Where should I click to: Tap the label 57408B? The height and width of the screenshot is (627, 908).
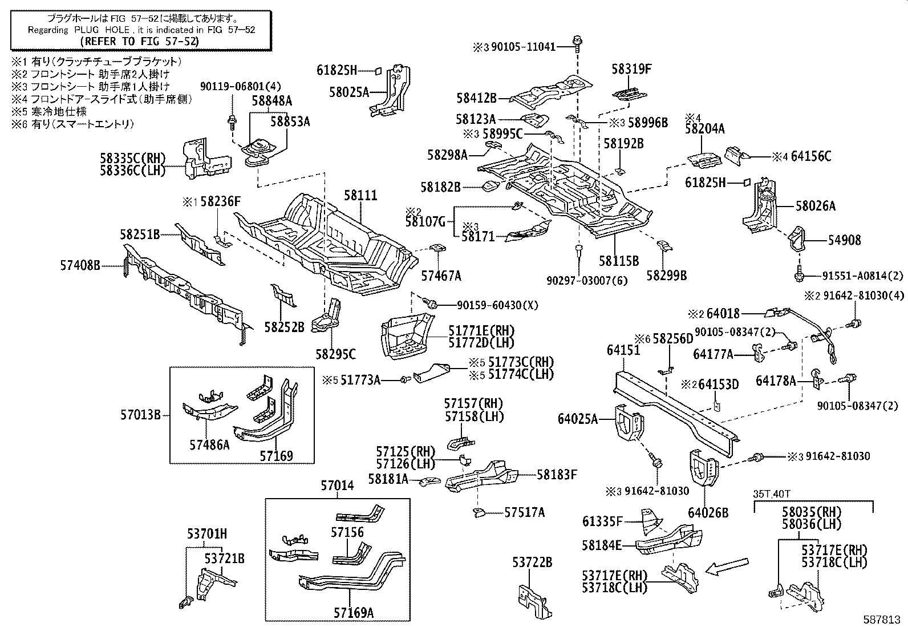tap(80, 265)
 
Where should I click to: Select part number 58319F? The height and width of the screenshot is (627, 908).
tap(631, 70)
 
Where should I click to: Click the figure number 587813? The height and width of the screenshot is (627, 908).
tap(885, 619)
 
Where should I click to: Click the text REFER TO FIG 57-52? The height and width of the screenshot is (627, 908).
tap(139, 41)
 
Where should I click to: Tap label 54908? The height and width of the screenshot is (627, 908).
tap(844, 241)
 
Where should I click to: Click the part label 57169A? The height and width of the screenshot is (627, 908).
tap(354, 613)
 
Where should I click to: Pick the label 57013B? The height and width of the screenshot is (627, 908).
tap(140, 415)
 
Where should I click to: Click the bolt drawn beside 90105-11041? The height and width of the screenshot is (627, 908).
tap(577, 42)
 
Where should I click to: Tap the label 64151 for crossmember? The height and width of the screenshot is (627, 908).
tap(623, 350)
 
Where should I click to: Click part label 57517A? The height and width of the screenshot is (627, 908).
tap(524, 513)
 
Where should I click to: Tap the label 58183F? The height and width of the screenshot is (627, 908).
tap(557, 474)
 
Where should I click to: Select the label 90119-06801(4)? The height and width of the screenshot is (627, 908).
tap(233, 86)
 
